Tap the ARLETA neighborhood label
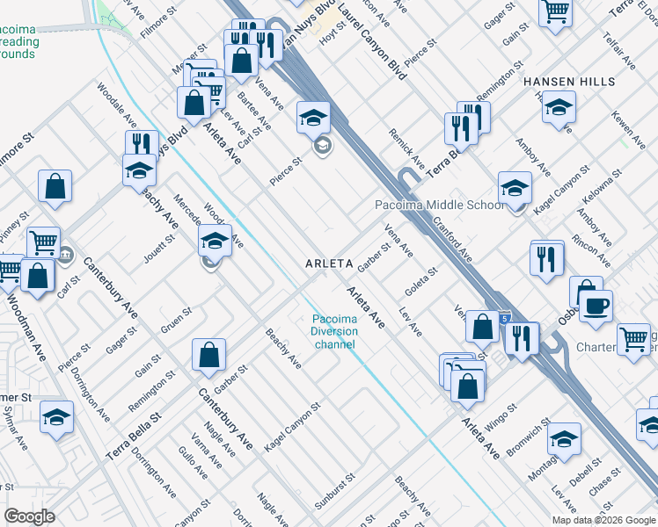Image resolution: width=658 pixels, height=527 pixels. (329, 263)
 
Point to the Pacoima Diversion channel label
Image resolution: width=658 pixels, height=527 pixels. (334, 331)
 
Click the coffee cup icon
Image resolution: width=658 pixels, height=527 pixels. (596, 307)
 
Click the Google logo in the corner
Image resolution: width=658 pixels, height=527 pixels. (29, 516)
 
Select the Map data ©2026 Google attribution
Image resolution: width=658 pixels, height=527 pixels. (603, 520)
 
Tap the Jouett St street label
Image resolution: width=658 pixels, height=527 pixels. (157, 249)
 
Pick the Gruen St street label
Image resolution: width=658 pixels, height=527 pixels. (176, 320)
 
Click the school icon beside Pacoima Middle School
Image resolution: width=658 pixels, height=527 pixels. (515, 187)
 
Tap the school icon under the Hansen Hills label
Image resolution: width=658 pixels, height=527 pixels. (559, 108)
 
